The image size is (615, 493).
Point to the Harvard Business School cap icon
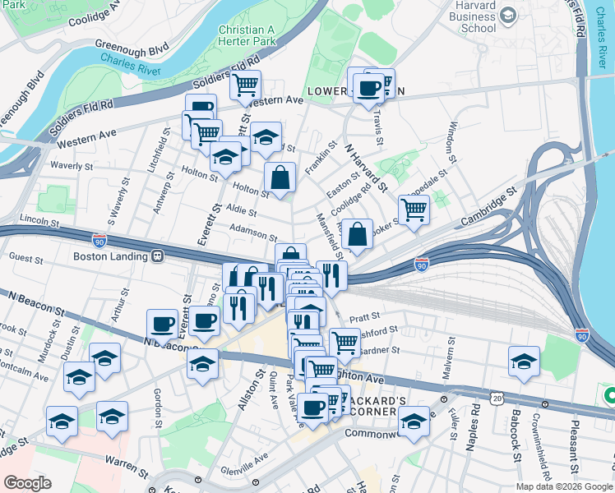[508, 15]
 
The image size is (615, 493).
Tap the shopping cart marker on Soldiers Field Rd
[245, 84]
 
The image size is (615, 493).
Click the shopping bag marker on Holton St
[280, 177]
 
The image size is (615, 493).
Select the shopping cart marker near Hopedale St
[414, 209]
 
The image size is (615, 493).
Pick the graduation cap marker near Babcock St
[523, 362]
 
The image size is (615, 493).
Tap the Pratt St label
[365, 315]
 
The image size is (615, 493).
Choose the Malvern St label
[448, 364]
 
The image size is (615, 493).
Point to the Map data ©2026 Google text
[564, 486]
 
